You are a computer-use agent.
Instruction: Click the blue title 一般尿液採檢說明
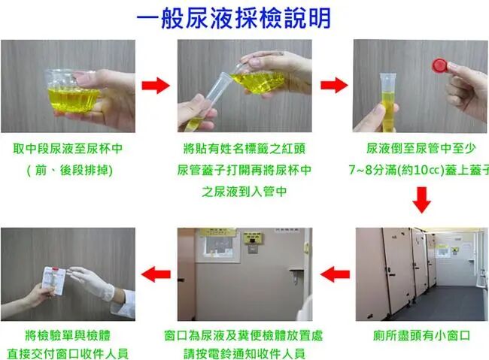point(233,18)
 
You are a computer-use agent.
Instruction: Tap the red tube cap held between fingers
point(440,66)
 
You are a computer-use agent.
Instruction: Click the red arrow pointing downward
point(421,200)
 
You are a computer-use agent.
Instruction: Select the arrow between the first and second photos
point(156,85)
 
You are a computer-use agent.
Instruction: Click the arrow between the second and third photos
point(334,85)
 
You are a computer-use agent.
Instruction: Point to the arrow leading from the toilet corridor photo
point(335,274)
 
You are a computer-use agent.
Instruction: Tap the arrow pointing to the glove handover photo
point(156,274)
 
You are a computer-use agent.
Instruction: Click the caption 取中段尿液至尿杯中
point(68,148)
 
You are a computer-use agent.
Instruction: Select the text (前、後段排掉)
point(69,170)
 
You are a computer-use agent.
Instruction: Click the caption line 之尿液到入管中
point(244,192)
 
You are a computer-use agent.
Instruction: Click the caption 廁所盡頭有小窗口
point(421,335)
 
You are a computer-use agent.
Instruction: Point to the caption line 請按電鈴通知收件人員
point(244,354)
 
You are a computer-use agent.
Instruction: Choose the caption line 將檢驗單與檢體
point(68,335)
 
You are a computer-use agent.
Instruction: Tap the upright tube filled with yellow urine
point(388,102)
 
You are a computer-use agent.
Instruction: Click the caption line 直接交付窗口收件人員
point(68,354)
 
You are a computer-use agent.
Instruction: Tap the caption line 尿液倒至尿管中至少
point(421,148)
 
